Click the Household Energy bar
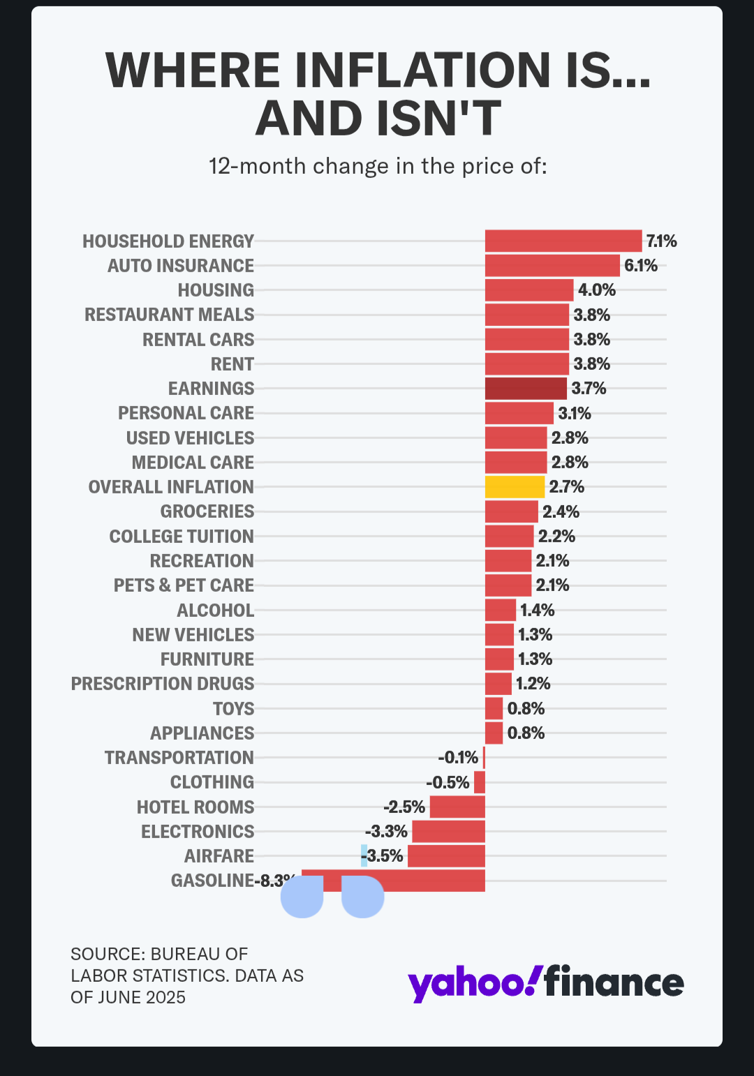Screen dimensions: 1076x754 tap(563, 241)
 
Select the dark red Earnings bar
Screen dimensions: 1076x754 tap(526, 388)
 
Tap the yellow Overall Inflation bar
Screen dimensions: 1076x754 tap(515, 486)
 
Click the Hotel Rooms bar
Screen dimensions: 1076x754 tap(457, 807)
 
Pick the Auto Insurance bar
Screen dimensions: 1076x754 tap(552, 265)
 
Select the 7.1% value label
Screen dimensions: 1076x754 tap(661, 241)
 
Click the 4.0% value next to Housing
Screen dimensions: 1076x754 tap(596, 290)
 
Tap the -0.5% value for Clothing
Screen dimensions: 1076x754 tap(448, 782)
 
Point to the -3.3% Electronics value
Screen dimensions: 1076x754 tap(386, 832)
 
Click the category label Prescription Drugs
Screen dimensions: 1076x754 tap(163, 684)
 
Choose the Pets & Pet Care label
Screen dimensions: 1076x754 tap(184, 585)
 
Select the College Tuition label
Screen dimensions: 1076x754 tap(182, 537)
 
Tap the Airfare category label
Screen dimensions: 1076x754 tap(219, 856)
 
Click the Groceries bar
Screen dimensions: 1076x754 tap(511, 511)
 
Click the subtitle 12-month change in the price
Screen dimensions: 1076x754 tap(378, 166)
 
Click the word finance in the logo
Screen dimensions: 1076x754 tap(614, 982)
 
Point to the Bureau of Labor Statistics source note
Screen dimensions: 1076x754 tap(186, 975)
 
